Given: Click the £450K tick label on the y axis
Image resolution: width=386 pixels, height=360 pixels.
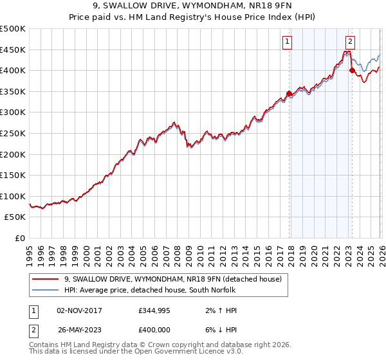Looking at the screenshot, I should (13, 50).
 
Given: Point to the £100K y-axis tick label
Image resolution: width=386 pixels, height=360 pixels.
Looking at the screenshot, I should (13, 196).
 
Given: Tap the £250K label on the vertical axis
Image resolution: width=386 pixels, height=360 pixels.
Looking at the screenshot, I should (13, 133).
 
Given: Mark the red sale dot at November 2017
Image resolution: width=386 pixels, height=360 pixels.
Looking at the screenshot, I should (289, 94).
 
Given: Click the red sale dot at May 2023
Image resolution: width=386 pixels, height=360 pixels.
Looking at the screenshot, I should (352, 71).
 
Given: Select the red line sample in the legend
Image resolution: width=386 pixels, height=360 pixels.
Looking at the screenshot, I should (46, 279).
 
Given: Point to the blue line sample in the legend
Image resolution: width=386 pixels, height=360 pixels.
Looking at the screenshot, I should (46, 290).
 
